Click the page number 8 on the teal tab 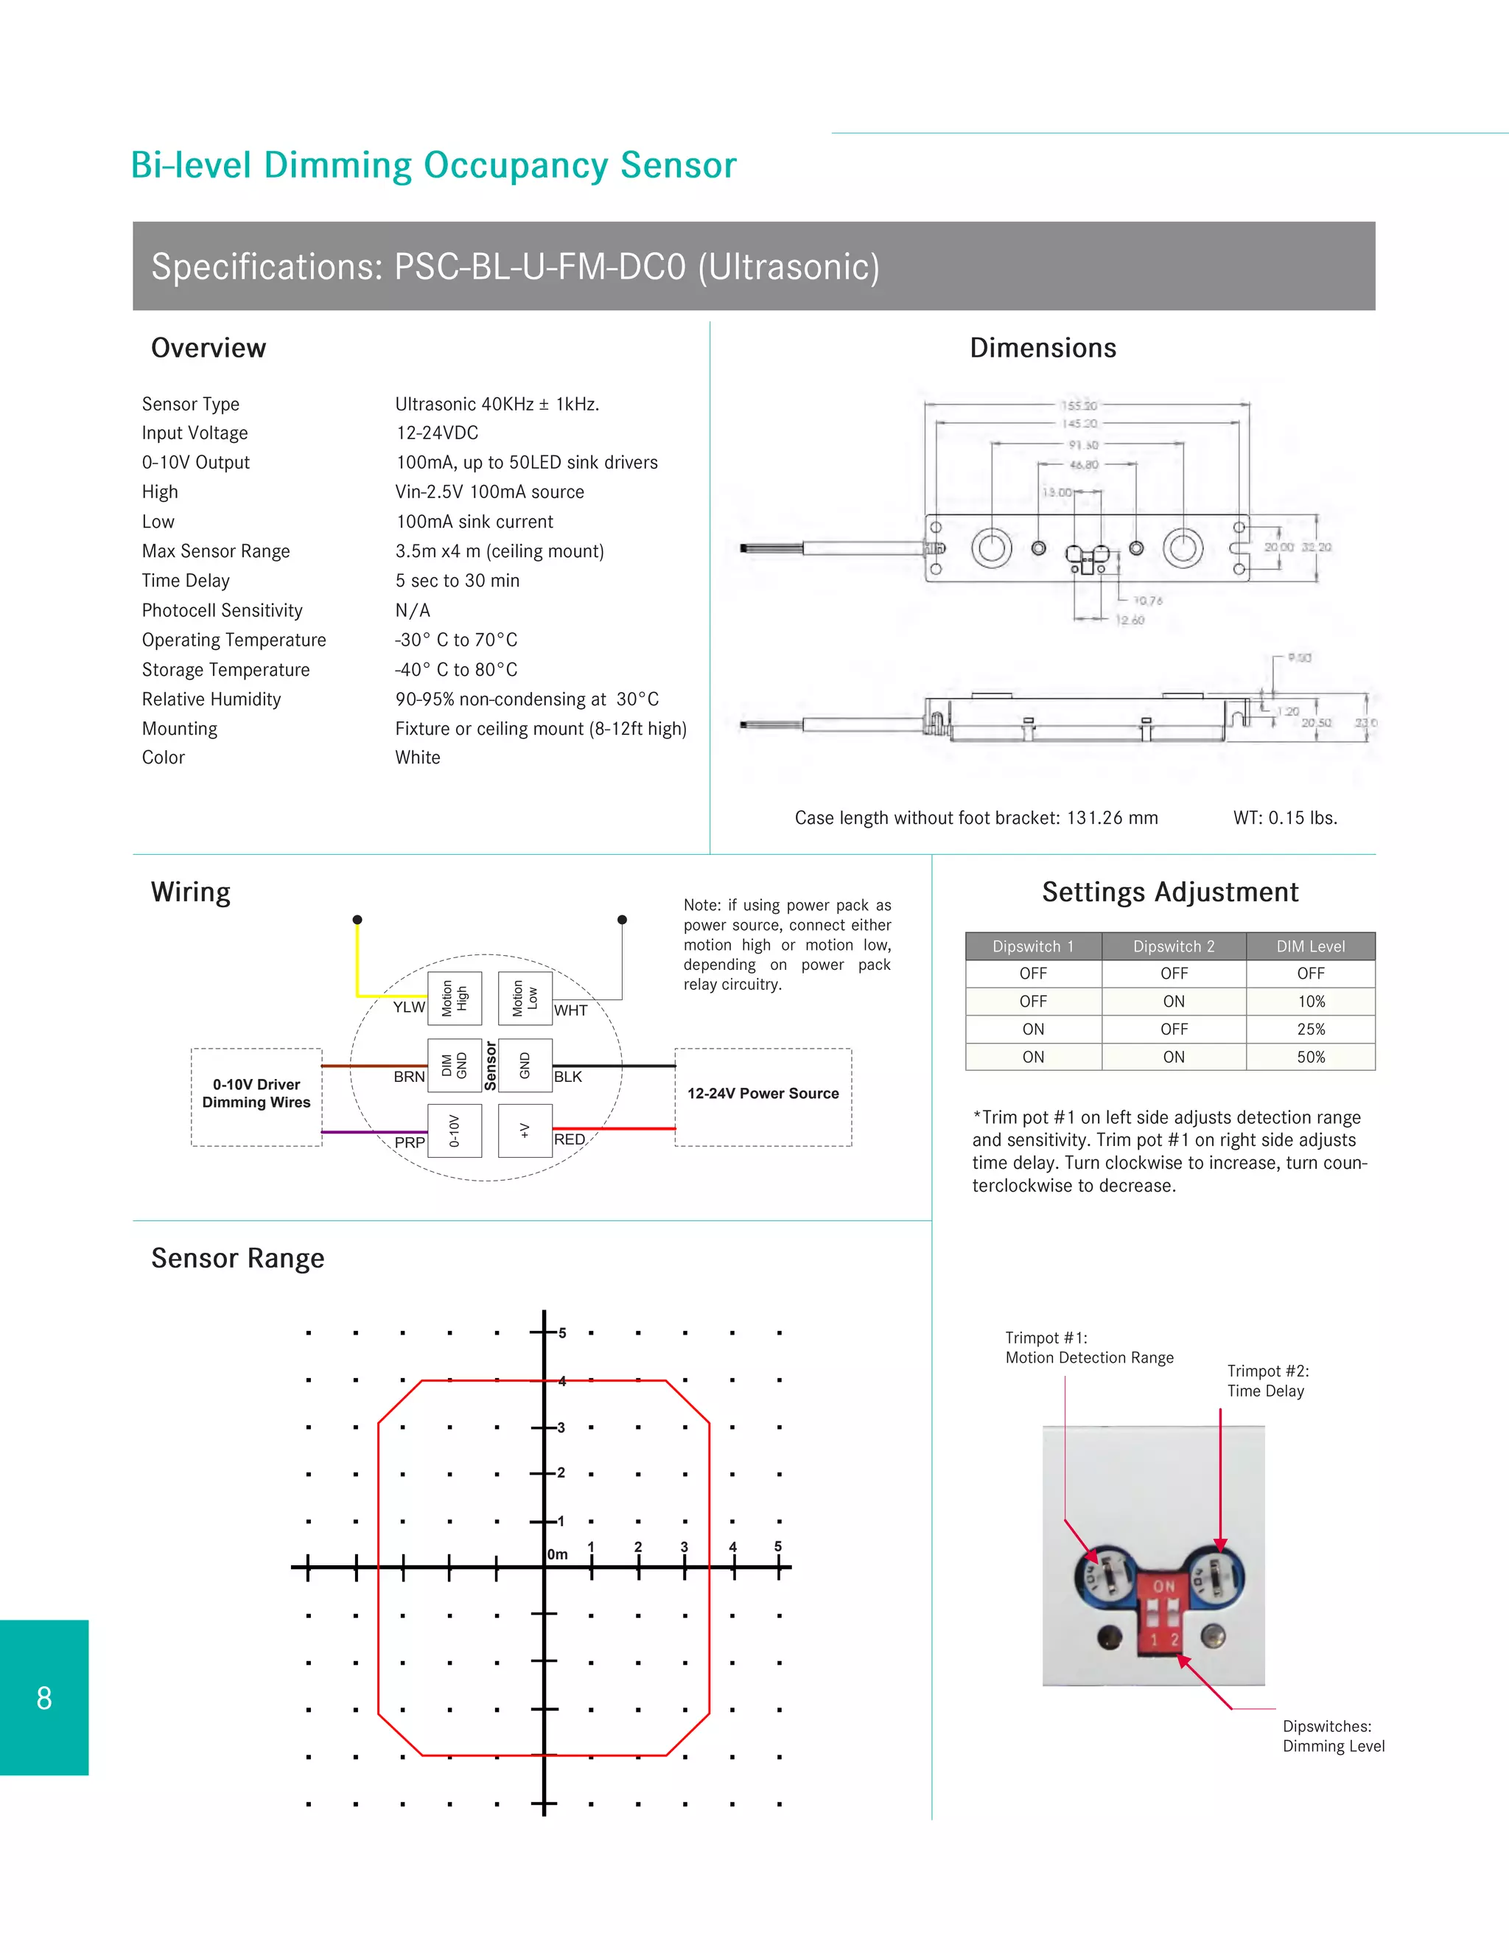[43, 1698]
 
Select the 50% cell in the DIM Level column [1311, 1057]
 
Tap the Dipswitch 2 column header [1174, 946]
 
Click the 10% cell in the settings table [1311, 1002]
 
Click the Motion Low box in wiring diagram [525, 998]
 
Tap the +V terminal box [525, 1131]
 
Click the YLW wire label [408, 1007]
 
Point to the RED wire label [570, 1140]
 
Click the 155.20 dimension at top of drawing [1079, 406]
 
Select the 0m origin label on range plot [558, 1555]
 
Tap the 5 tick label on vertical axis [562, 1333]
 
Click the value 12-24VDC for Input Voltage [437, 433]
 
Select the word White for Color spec [418, 758]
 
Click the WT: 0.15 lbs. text [1284, 818]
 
